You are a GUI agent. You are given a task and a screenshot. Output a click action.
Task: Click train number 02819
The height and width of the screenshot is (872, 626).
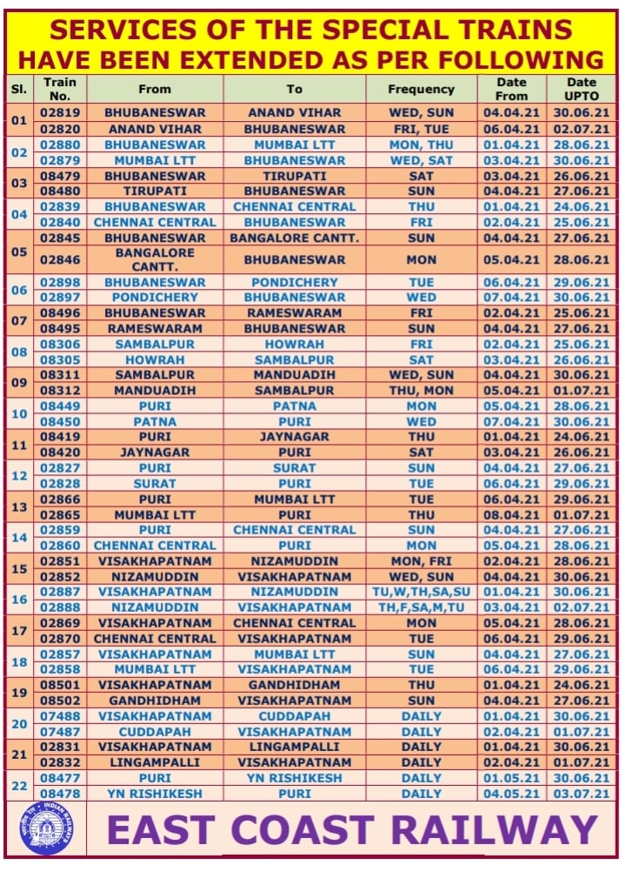[60, 113]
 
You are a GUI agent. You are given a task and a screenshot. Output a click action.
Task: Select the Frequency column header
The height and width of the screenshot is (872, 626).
[421, 89]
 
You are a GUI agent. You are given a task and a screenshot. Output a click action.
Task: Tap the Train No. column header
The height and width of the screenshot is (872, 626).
[60, 89]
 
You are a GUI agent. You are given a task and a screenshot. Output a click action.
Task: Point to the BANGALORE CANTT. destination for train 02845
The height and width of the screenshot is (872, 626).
[294, 238]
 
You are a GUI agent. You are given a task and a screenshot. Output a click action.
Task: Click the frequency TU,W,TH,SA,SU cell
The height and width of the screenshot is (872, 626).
[421, 592]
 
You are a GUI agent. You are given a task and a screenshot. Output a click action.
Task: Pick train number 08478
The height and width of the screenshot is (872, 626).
[60, 794]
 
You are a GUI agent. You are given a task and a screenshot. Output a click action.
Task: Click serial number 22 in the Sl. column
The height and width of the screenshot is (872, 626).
[19, 786]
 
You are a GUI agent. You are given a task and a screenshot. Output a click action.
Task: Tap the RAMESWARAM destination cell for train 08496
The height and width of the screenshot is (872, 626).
[294, 313]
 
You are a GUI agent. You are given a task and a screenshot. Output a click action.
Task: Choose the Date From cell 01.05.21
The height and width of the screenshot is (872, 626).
[511, 778]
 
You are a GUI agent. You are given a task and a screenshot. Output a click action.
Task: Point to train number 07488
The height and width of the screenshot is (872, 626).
[60, 716]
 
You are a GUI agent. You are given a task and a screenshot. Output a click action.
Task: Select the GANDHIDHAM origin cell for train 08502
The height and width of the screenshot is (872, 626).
[155, 701]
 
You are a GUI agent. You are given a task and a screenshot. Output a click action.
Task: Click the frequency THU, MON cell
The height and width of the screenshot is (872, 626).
[421, 391]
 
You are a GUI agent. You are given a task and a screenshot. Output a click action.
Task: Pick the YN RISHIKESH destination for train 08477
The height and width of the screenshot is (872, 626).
[294, 778]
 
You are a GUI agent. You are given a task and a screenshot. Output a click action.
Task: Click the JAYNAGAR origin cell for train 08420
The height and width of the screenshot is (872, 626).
[155, 453]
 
